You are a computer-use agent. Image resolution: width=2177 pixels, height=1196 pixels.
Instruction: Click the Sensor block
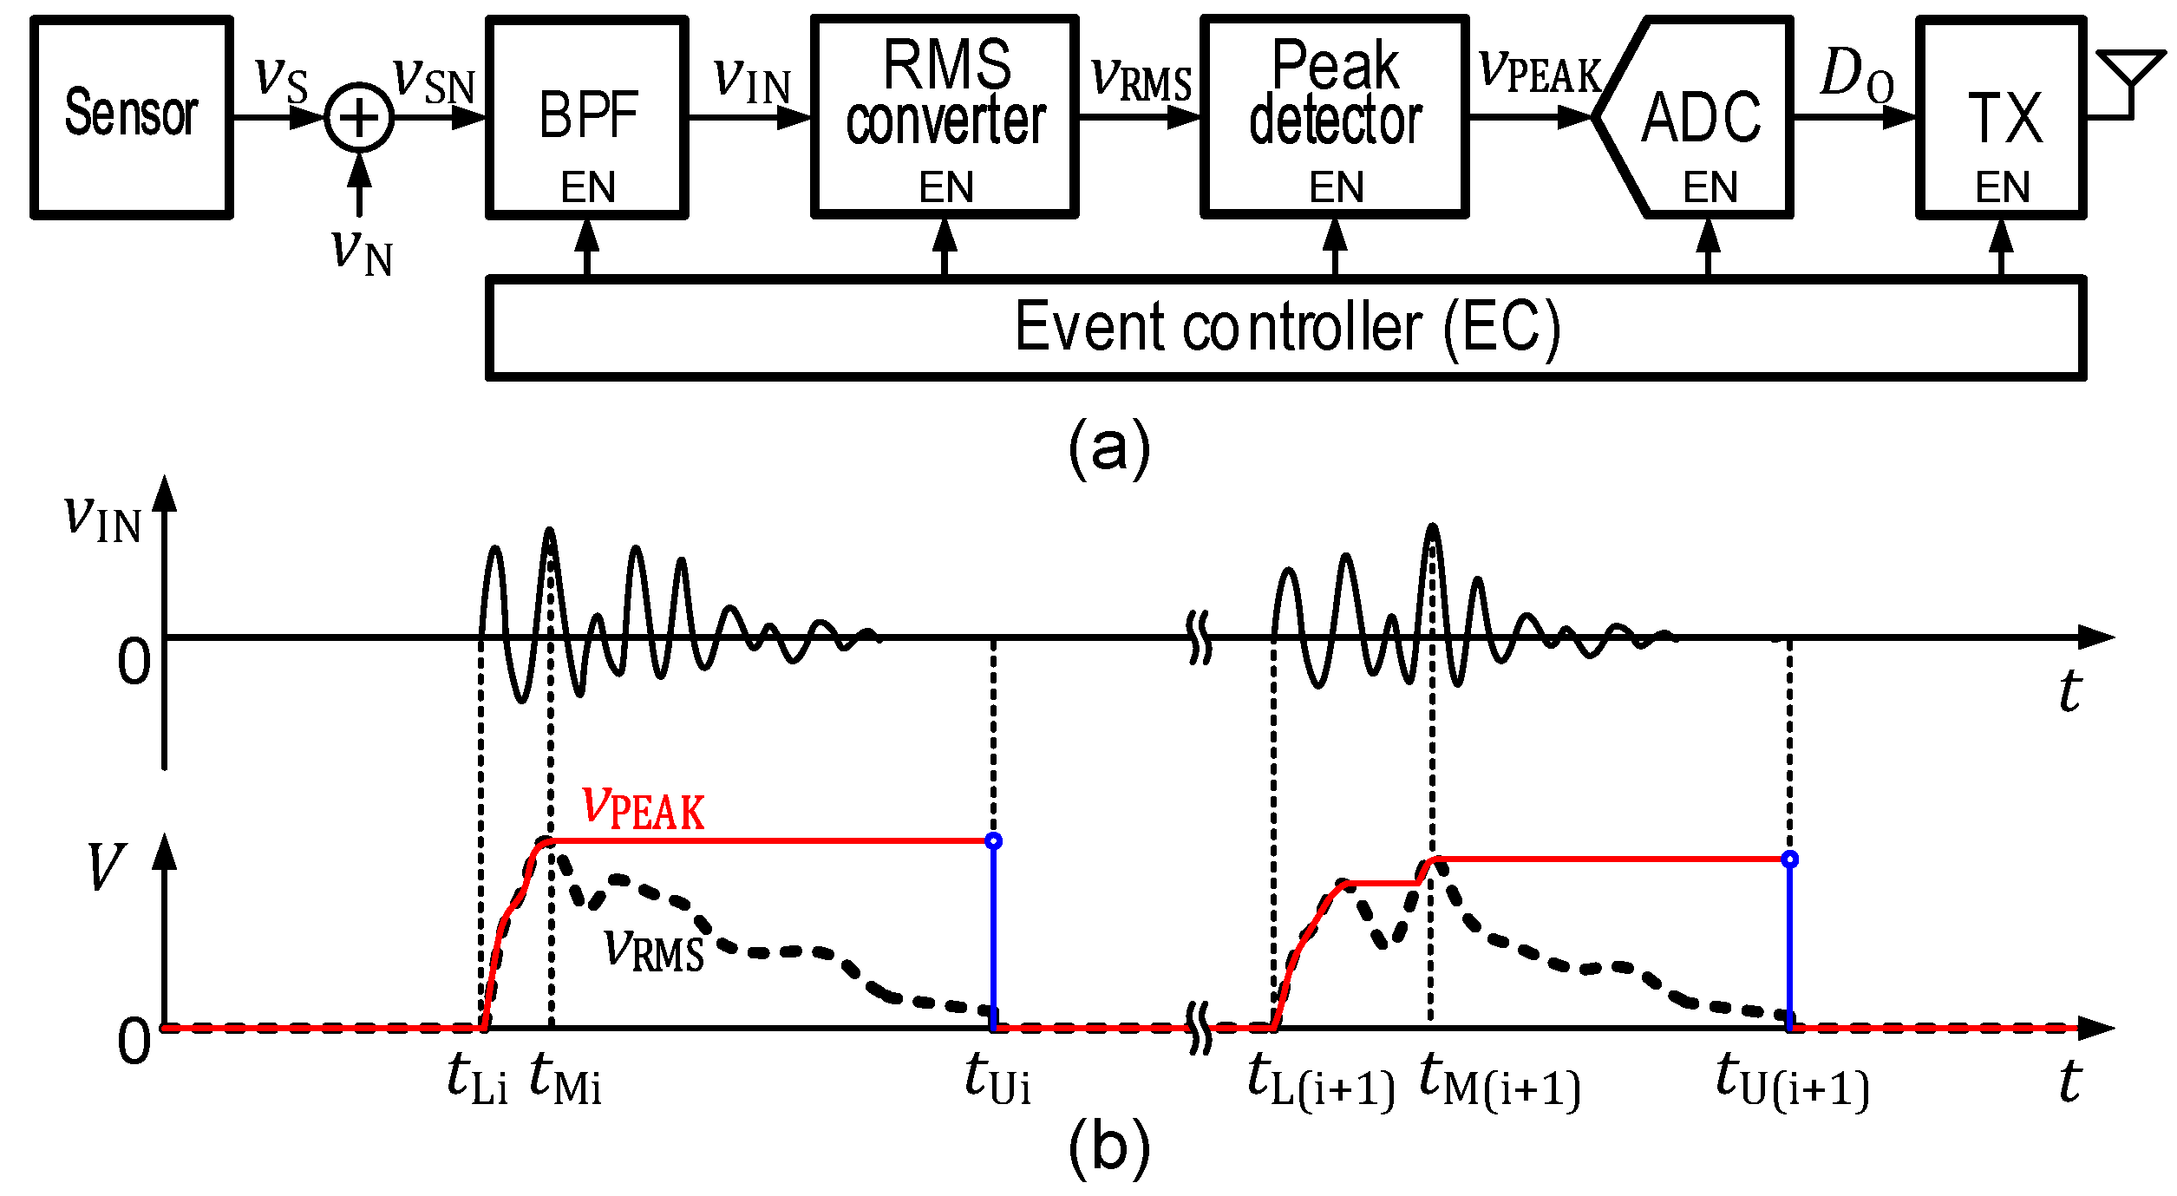(132, 117)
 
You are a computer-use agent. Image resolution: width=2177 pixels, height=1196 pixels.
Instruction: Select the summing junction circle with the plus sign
(359, 118)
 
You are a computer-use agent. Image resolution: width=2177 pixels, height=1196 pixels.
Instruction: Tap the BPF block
(587, 117)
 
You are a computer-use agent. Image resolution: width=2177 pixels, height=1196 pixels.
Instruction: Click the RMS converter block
(945, 117)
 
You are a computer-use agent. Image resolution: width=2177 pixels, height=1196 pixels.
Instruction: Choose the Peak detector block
(1334, 117)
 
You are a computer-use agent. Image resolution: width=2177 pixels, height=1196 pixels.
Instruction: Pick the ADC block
(1700, 117)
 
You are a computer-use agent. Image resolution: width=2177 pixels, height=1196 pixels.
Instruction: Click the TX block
(2001, 117)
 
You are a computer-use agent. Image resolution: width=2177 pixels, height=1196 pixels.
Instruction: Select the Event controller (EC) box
(1286, 327)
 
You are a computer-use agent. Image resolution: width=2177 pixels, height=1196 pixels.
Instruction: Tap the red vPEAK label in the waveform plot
(643, 806)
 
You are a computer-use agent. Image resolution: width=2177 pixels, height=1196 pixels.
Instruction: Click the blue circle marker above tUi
(994, 841)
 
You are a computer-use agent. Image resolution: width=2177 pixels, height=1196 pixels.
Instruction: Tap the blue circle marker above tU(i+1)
(1790, 859)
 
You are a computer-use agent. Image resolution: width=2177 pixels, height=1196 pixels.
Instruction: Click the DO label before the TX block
(1857, 75)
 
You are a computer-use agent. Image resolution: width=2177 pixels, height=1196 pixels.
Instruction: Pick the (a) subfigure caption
(1109, 448)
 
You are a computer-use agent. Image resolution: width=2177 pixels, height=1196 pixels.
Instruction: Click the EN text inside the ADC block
(1710, 187)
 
